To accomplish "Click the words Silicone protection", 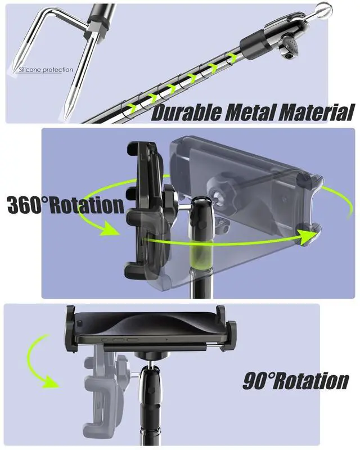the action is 46,70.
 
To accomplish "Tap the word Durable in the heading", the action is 186,112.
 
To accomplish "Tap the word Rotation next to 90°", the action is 310,381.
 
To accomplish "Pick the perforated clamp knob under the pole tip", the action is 289,48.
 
